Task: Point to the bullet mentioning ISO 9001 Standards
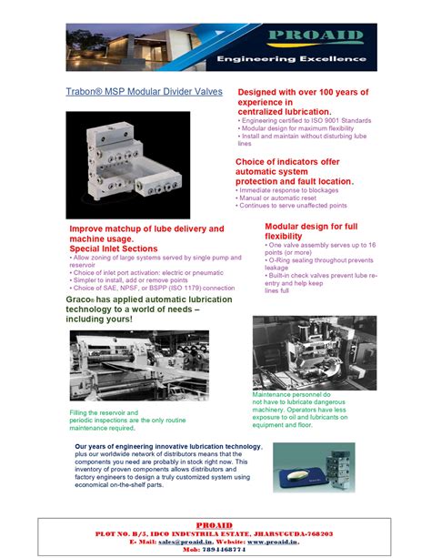306,120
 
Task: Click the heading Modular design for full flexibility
311,230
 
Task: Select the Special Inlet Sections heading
114,249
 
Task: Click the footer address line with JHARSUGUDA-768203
215,533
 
